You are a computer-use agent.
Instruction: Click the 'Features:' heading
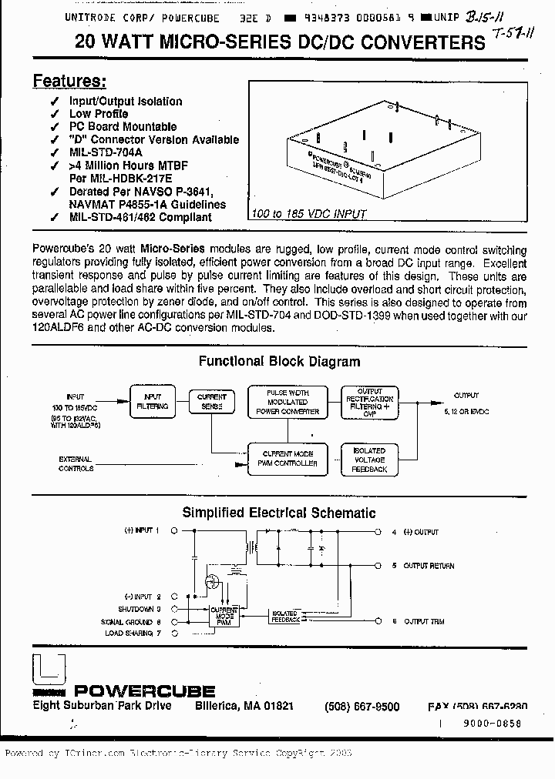point(69,82)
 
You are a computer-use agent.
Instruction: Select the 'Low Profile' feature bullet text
point(99,114)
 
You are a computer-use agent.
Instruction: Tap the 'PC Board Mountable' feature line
point(123,127)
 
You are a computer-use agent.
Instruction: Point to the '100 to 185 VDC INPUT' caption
point(308,214)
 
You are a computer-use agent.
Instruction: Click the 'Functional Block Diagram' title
point(279,361)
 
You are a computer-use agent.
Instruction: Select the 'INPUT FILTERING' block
point(153,402)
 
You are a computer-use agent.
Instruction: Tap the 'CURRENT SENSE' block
point(212,402)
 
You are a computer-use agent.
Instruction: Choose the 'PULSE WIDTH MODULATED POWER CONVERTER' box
point(287,402)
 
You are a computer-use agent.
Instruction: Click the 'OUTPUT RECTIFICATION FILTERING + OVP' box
point(370,400)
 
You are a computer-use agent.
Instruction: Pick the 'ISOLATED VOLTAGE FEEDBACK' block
point(369,460)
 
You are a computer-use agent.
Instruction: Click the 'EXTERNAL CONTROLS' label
point(76,463)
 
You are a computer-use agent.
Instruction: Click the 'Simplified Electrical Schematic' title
point(278,512)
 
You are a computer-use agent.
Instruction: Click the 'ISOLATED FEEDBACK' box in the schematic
point(285,617)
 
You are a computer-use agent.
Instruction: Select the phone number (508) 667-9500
point(362,707)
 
